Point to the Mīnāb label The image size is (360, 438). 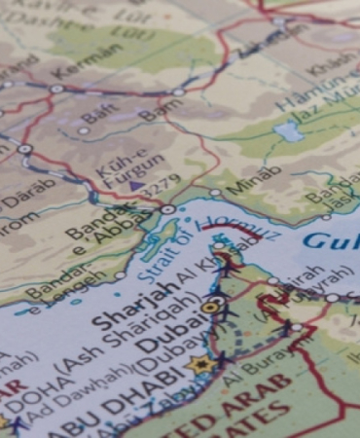tap(253, 180)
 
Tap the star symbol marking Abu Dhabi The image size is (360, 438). tap(200, 365)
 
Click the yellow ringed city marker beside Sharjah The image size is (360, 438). tap(212, 306)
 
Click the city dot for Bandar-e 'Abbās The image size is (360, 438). tap(167, 209)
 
